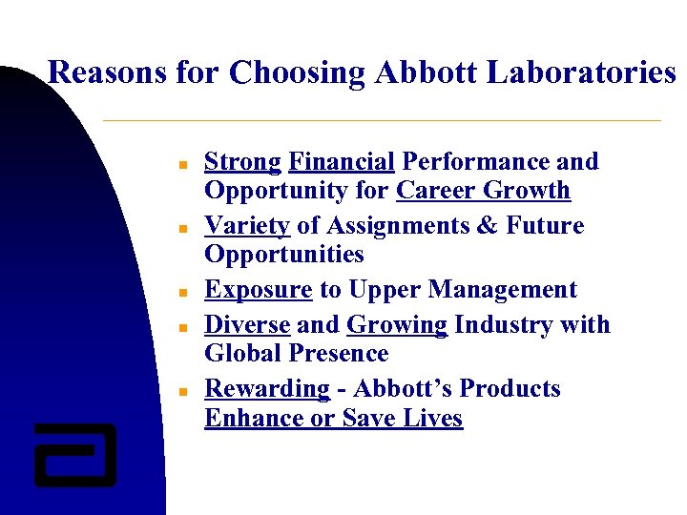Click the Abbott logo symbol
point(74,454)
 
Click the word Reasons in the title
point(107,72)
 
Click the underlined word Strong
point(242,161)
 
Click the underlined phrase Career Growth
point(483,190)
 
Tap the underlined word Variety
point(247,225)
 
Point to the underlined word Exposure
point(259,289)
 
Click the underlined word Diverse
point(247,324)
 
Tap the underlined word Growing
point(397,324)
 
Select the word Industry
point(507,324)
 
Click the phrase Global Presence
point(296,353)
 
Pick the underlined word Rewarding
point(267,388)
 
